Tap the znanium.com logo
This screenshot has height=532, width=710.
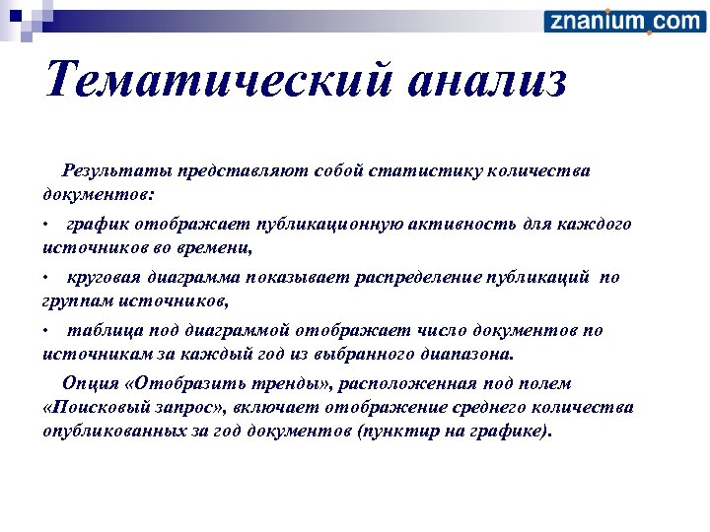[x=623, y=21]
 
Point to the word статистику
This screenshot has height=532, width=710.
[x=436, y=171]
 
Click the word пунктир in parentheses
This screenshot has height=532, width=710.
[x=402, y=432]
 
